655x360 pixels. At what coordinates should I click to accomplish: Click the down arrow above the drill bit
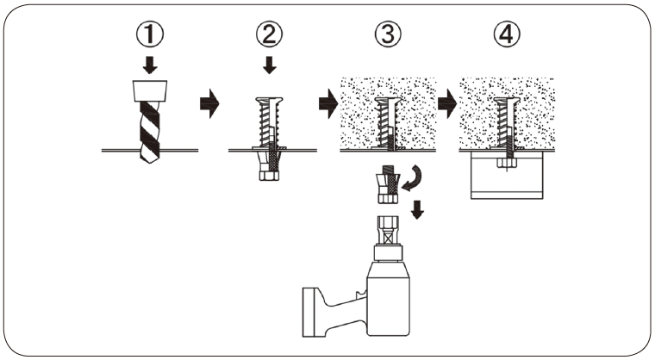(150, 65)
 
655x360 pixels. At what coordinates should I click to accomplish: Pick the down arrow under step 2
(268, 65)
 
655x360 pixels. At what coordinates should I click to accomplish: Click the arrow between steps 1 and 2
(208, 104)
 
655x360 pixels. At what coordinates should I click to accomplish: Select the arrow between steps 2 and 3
(327, 104)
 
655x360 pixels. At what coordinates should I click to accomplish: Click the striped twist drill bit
(149, 129)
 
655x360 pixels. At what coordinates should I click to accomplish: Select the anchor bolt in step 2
(268, 125)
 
